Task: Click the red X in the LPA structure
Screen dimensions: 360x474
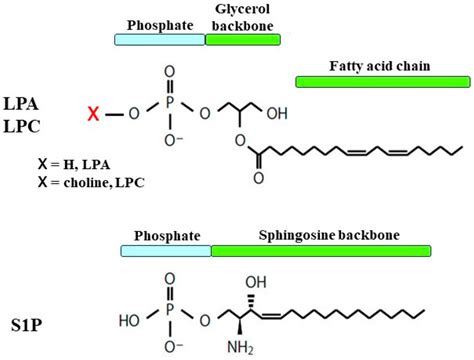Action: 93,115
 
